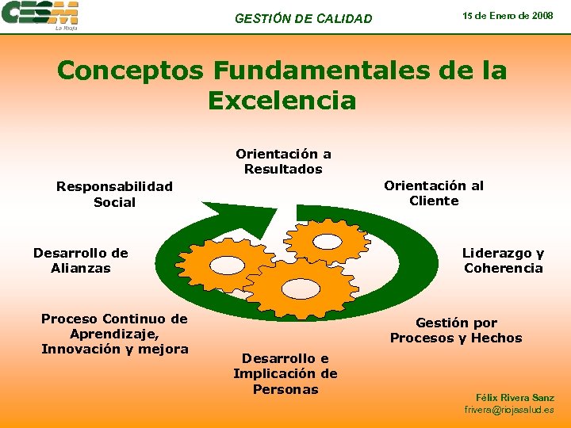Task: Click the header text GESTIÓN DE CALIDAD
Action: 303,18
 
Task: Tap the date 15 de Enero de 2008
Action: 508,16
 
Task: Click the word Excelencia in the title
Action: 282,101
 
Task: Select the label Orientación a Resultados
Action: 283,162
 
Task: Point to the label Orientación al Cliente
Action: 434,193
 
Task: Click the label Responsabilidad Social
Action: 114,194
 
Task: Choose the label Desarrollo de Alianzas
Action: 81,261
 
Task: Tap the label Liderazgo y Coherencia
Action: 504,261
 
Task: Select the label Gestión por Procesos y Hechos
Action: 456,331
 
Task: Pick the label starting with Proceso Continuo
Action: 114,334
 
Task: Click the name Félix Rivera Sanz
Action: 515,397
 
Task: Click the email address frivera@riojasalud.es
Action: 509,410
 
